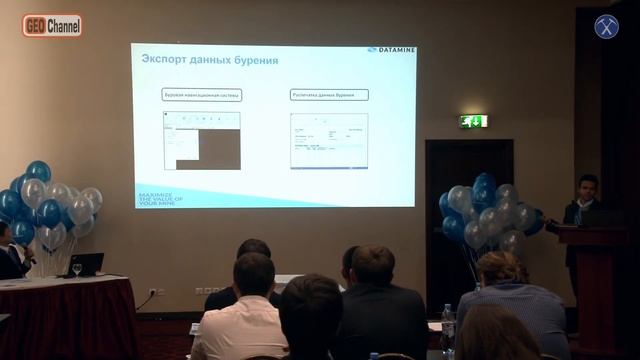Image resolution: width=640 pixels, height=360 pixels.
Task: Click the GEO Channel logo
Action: click(52, 26)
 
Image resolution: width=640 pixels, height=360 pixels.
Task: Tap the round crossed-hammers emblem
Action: click(607, 27)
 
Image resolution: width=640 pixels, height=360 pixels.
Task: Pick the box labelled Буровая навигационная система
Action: click(202, 95)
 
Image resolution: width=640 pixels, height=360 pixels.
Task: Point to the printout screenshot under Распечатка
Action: click(328, 140)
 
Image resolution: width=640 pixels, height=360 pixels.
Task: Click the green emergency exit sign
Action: click(473, 121)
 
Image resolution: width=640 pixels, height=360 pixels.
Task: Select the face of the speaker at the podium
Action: click(587, 186)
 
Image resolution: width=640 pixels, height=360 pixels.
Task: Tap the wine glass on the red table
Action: click(77, 269)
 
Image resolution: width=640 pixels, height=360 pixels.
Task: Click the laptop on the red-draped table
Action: click(85, 265)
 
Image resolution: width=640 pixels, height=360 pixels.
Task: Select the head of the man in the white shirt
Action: click(253, 274)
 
